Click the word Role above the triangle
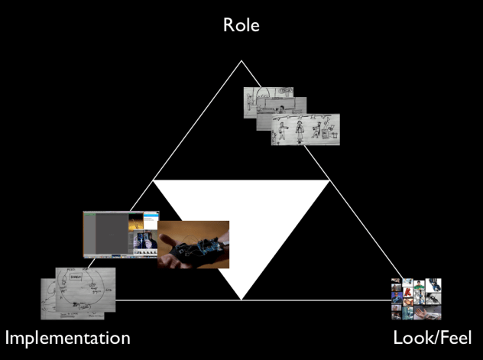click(241, 24)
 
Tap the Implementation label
click(68, 337)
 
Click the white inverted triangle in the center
click(241, 222)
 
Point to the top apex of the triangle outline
click(241, 60)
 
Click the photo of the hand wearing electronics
click(193, 245)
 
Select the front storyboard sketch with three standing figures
click(306, 130)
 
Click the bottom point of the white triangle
click(241, 299)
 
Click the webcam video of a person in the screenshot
click(144, 243)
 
